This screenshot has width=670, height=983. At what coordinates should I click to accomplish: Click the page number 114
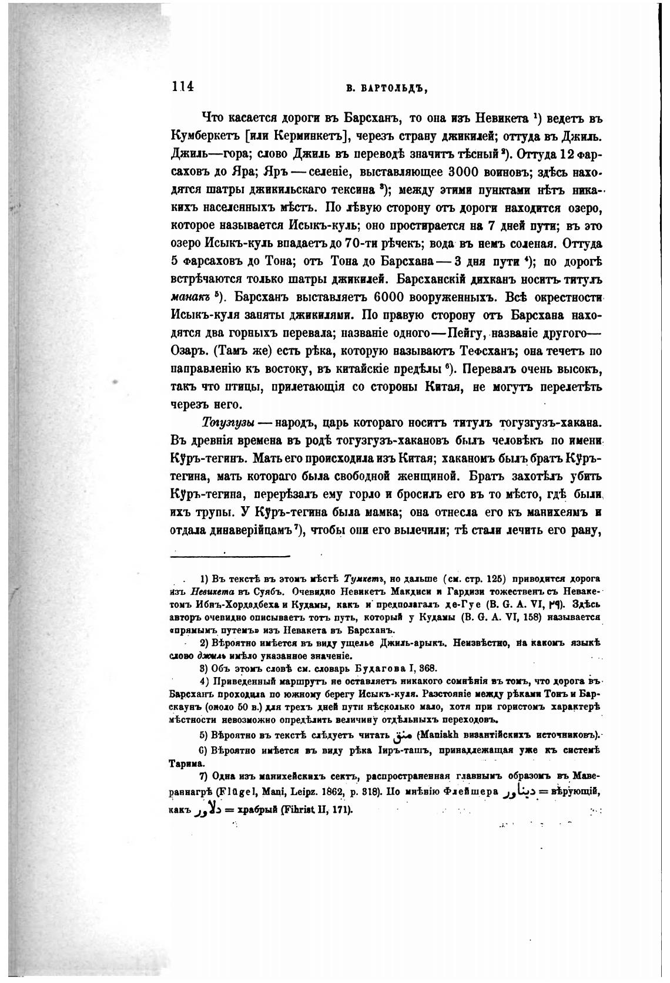pyautogui.click(x=183, y=86)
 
